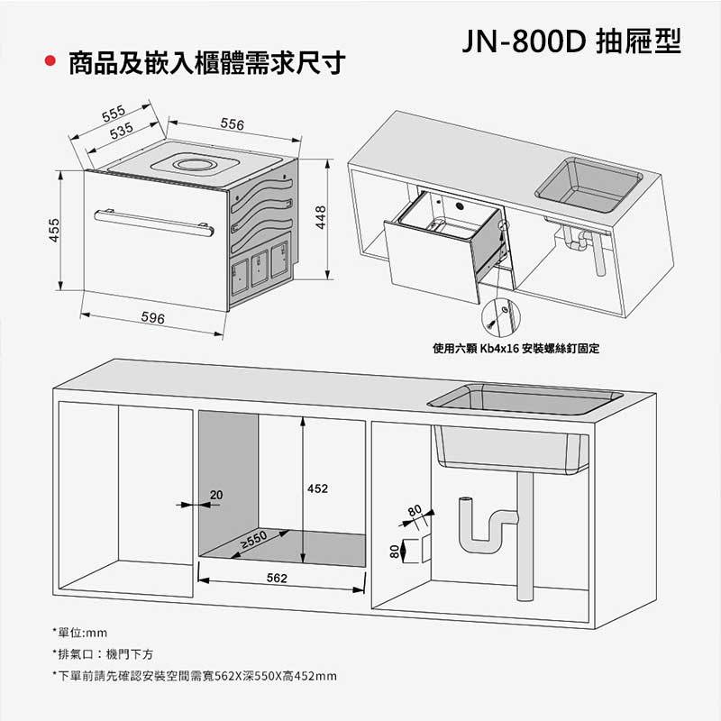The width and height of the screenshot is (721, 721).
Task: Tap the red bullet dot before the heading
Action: pos(51,64)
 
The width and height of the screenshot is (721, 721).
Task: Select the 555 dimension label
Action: pos(113,114)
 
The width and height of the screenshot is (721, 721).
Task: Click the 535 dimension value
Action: pos(122,132)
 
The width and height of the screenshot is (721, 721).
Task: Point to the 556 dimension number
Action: pos(232,123)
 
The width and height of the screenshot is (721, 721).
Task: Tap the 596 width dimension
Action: pos(152,319)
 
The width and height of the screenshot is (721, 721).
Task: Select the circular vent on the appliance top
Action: pos(191,165)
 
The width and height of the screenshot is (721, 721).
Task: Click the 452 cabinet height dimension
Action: pos(317,488)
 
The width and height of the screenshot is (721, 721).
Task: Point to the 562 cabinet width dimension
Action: pos(278,576)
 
